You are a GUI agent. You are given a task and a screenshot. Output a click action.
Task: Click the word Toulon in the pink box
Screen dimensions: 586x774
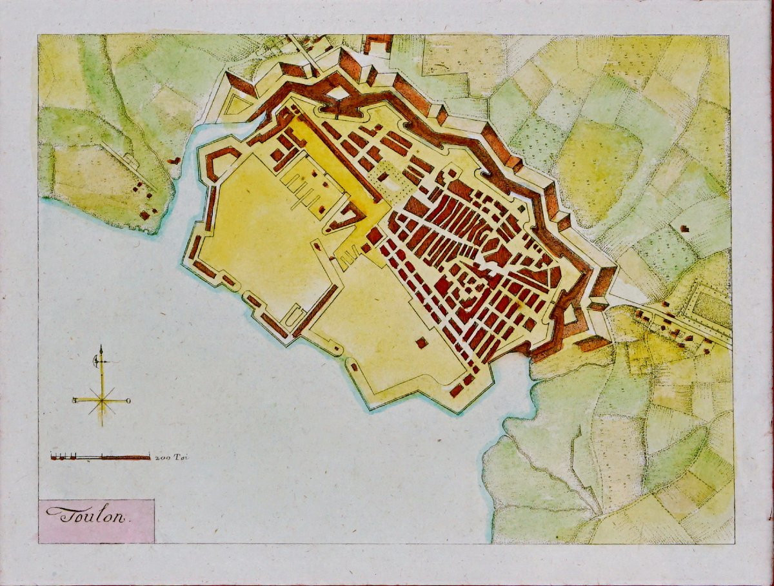coord(88,514)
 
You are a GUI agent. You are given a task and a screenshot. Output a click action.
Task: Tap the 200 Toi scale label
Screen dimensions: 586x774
coord(170,457)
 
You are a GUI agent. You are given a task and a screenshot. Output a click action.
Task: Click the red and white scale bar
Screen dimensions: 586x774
coord(100,457)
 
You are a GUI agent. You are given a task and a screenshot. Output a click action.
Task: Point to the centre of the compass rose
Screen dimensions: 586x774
coord(101,400)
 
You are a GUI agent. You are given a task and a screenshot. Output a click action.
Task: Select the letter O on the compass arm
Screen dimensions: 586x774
coord(129,401)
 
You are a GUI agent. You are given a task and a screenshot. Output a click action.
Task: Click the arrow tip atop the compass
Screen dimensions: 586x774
coord(101,349)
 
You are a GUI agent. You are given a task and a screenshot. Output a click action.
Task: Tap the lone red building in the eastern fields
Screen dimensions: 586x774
coord(684,228)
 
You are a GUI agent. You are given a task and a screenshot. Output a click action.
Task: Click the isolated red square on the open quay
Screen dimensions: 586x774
coord(421,343)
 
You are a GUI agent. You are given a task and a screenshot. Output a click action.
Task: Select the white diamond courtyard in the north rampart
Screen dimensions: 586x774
coord(337,94)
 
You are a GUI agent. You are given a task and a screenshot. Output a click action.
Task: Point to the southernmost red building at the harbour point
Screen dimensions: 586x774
coord(456,390)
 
